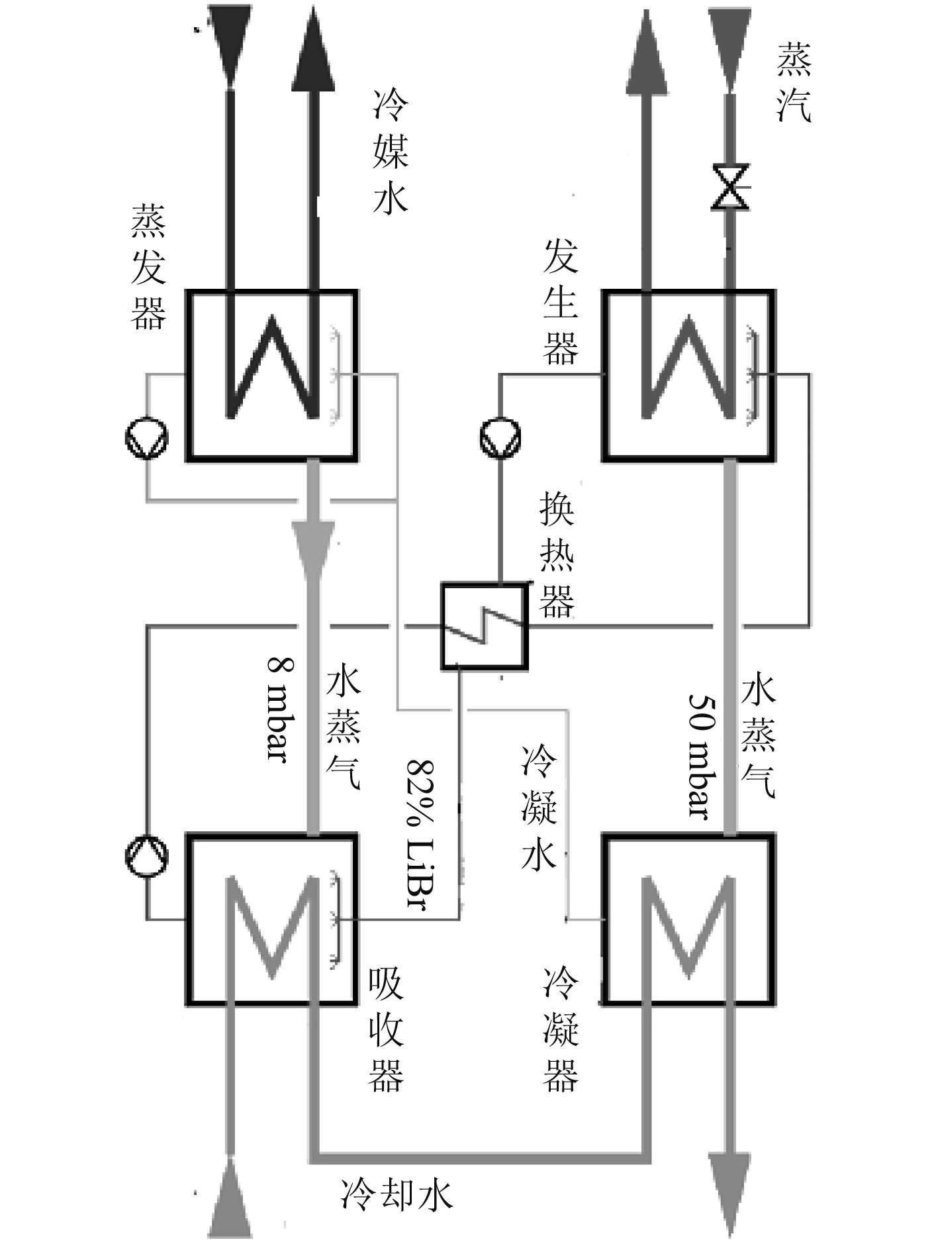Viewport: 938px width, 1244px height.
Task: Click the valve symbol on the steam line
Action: coord(729,187)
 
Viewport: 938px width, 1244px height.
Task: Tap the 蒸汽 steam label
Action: coord(794,83)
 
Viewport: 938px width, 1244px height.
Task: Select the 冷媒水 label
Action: coord(391,152)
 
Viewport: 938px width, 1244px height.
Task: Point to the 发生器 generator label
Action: coord(560,303)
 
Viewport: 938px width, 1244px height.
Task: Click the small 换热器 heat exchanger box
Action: coord(484,626)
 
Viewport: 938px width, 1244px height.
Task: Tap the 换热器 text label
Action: coord(557,555)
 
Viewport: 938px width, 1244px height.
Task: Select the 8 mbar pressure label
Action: coord(278,709)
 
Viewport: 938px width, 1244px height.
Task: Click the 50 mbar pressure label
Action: coord(700,755)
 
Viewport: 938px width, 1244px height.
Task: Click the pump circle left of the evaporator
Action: coord(147,437)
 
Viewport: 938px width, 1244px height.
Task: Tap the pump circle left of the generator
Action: coord(500,437)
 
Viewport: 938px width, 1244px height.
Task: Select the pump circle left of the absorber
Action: coord(147,856)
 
